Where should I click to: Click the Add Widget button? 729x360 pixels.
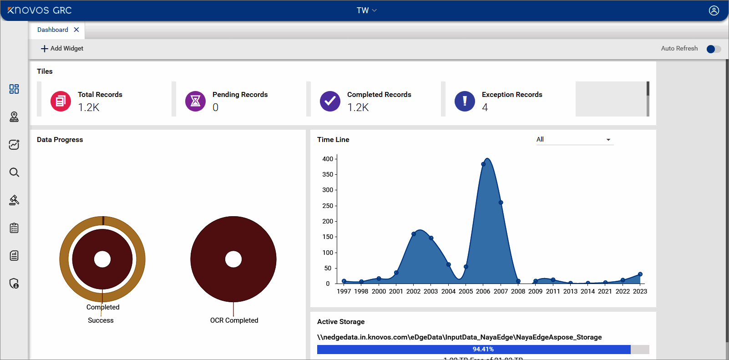click(x=62, y=48)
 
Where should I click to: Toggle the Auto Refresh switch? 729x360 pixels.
click(x=713, y=49)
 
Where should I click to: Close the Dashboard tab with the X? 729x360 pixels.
click(x=76, y=30)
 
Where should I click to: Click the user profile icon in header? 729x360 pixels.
click(x=714, y=10)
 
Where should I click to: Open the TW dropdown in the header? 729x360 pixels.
click(x=366, y=10)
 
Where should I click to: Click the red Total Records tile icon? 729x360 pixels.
click(x=61, y=101)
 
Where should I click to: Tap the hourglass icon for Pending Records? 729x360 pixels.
click(x=195, y=101)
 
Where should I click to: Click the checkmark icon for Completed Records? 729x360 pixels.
click(x=330, y=101)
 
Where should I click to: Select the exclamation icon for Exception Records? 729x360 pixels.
click(x=465, y=101)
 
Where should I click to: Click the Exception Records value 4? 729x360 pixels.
click(x=485, y=107)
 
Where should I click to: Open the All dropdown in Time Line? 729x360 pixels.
click(x=574, y=140)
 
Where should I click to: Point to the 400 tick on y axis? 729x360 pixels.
click(x=328, y=159)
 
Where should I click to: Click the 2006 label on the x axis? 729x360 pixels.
click(x=483, y=291)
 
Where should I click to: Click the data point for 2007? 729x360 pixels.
click(x=501, y=203)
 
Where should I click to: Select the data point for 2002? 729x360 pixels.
click(x=414, y=234)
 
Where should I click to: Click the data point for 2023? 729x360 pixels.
click(x=640, y=274)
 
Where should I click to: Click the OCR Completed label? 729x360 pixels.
click(x=234, y=320)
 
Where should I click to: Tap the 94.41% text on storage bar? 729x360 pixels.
click(x=483, y=350)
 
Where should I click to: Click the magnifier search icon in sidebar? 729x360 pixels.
click(x=14, y=172)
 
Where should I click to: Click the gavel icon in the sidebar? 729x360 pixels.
click(x=14, y=200)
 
